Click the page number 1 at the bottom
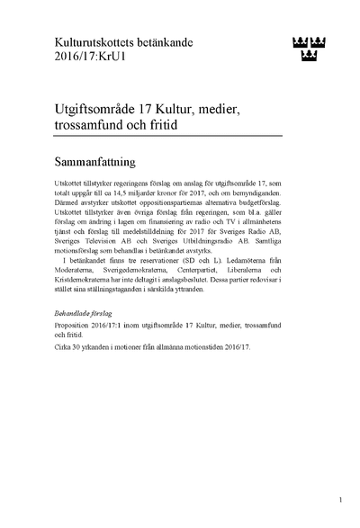point(341,498)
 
